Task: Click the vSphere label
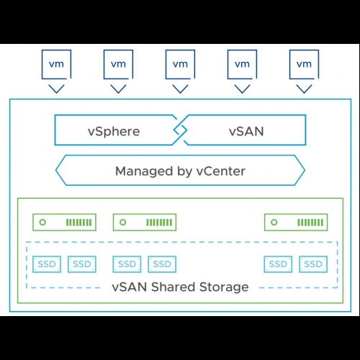pyautogui.click(x=114, y=131)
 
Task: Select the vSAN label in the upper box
pyautogui.click(x=246, y=131)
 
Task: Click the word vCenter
pyautogui.click(x=221, y=171)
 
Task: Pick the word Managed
pyautogui.click(x=144, y=171)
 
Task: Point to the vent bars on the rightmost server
pyautogui.click(x=310, y=222)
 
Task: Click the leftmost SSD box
pyautogui.click(x=47, y=264)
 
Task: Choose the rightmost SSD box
pyautogui.click(x=313, y=264)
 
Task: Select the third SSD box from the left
pyautogui.click(x=127, y=264)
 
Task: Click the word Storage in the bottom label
pyautogui.click(x=224, y=287)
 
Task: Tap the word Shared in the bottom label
pyautogui.click(x=173, y=287)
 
